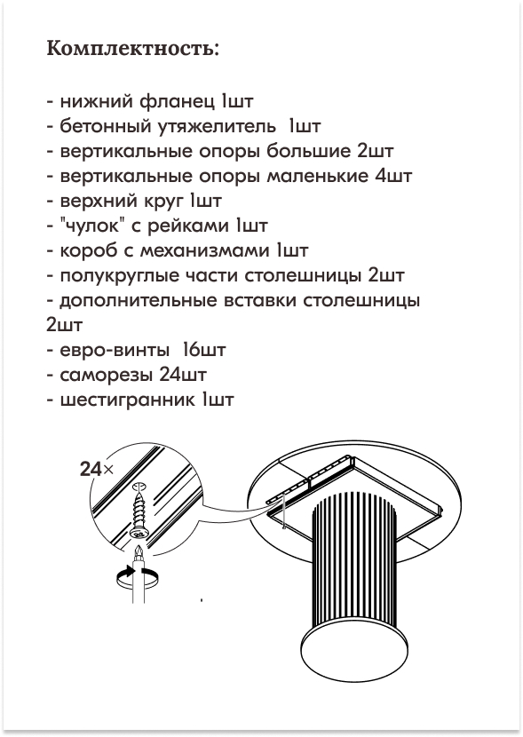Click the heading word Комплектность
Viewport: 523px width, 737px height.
point(133,49)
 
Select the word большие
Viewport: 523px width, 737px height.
point(309,151)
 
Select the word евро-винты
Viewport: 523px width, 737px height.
point(115,350)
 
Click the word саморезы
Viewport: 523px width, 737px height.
point(107,375)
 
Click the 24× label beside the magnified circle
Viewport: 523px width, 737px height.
point(97,469)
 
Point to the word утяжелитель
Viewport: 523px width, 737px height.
point(217,127)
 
